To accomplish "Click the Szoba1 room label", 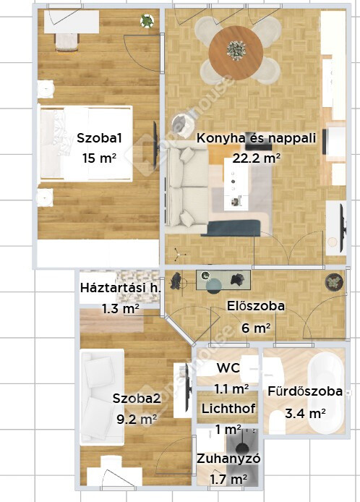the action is tap(99, 138).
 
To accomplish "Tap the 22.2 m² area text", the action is tap(257, 158).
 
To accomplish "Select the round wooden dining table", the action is tap(236, 53).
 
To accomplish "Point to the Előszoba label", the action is tap(256, 306).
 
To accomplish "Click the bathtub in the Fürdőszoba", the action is tap(326, 392).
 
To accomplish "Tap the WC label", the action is tap(228, 368).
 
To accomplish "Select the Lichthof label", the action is tap(228, 409).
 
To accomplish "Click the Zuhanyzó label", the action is tap(228, 459).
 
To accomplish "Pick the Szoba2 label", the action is tap(137, 399).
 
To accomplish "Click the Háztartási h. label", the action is tap(120, 287).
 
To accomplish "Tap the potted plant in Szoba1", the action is tap(147, 21).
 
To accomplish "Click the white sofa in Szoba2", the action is tap(102, 397).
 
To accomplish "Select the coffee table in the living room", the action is tap(236, 184).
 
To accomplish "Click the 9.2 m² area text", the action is tap(137, 419).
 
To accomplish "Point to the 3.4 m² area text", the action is tap(305, 413).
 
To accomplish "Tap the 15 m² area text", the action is tap(99, 158).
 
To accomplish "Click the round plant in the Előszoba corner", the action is tap(334, 282).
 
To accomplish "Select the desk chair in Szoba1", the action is tap(67, 43).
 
